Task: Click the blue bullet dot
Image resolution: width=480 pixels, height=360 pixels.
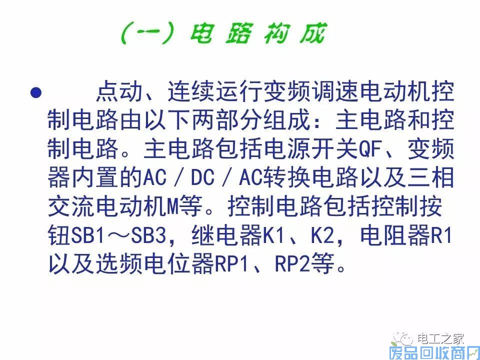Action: [x=36, y=92]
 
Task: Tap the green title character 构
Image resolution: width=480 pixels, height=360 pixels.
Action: [x=276, y=33]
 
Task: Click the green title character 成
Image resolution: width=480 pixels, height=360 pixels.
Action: [x=312, y=33]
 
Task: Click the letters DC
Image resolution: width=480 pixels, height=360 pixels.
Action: [x=202, y=177]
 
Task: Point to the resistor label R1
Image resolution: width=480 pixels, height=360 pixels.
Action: [x=441, y=235]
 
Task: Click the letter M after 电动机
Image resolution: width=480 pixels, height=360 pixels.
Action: [x=173, y=206]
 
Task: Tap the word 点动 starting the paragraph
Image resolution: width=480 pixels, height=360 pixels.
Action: [x=119, y=92]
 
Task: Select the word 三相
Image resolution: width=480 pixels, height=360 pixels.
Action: [x=430, y=177]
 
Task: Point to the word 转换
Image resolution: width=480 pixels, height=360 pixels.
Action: [x=287, y=177]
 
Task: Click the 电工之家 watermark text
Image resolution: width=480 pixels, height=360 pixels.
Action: [x=441, y=339]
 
